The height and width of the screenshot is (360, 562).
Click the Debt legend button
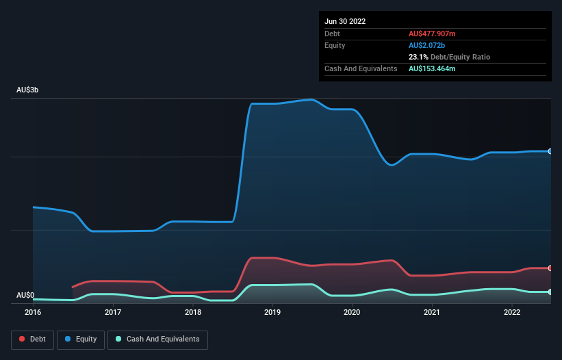pos(34,339)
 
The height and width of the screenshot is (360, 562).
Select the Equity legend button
pos(81,339)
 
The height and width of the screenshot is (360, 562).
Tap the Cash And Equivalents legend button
pos(157,339)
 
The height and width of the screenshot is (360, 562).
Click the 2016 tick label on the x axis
pos(33,312)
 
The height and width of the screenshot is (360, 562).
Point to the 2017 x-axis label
pos(113,312)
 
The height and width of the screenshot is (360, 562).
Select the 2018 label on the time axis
pos(193,312)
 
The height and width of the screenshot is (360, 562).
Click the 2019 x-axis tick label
pos(272,312)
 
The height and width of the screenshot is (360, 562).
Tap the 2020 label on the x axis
pos(352,312)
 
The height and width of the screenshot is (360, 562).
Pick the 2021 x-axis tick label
pos(432,312)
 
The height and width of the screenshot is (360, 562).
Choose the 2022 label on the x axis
pos(511,312)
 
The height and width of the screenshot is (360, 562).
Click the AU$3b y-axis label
pos(28,90)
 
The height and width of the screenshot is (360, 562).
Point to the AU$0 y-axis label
pos(25,296)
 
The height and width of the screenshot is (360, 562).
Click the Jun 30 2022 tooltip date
pos(345,21)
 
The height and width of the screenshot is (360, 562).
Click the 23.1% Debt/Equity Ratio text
pos(449,57)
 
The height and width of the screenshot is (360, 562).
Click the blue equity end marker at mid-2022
pos(550,151)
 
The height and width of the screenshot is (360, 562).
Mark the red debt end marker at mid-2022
pos(550,268)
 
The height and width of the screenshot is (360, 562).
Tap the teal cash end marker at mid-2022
pos(550,292)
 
